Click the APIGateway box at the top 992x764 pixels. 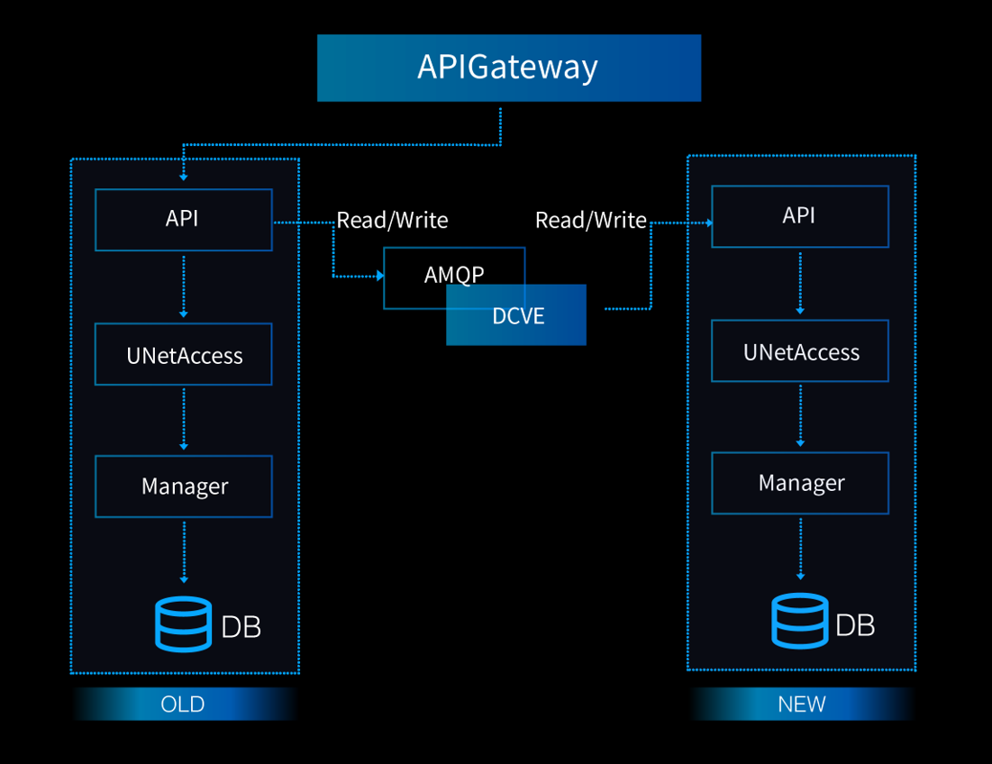point(508,68)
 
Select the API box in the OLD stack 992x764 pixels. point(184,220)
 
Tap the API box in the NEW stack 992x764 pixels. point(800,216)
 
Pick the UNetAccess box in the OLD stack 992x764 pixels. point(184,354)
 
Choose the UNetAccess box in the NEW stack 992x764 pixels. point(800,350)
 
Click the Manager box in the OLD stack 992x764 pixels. point(184,487)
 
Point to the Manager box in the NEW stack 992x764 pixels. point(800,483)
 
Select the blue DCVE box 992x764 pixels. point(516,315)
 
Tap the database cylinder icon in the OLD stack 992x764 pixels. point(183,623)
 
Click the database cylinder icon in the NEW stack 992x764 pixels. point(799,621)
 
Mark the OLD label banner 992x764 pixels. point(184,704)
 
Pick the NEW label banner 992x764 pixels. point(801,704)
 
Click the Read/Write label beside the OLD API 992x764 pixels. point(392,220)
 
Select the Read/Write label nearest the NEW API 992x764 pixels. point(590,220)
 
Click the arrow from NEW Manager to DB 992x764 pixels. point(800,549)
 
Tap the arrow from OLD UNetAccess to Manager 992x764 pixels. point(184,419)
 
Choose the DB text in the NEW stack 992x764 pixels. point(855,624)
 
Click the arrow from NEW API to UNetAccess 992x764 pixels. point(800,283)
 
